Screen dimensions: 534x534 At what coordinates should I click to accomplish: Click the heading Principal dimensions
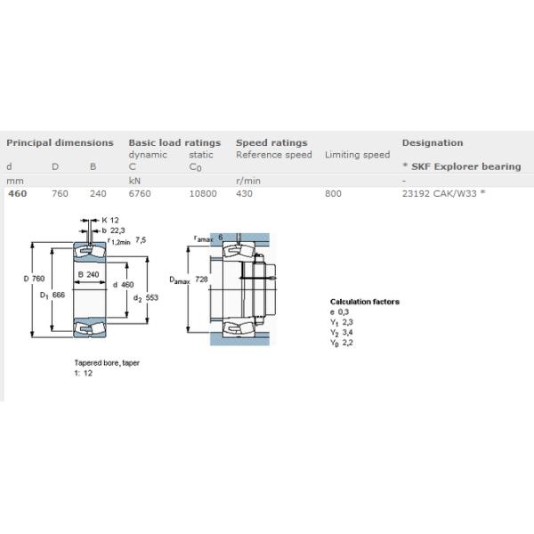pos(60,142)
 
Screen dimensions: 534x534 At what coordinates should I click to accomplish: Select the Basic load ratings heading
pos(174,142)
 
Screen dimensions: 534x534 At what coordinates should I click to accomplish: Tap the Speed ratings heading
pos(271,142)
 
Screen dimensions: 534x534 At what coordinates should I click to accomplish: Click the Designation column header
pos(432,142)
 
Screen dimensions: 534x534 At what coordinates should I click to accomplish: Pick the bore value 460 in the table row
pos(16,192)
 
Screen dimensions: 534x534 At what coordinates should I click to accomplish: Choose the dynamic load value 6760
pos(140,192)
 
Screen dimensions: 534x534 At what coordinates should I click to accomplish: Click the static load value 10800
pos(203,192)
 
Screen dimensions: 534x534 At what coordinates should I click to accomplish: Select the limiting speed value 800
pos(333,192)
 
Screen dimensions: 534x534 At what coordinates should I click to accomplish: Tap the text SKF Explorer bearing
pos(465,166)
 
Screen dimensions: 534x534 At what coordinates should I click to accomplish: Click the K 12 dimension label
pos(109,219)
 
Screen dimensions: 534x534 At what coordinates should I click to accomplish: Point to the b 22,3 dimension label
pos(112,230)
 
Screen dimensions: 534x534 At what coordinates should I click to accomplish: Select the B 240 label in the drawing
pos(88,274)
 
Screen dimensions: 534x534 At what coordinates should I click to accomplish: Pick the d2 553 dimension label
pos(145,298)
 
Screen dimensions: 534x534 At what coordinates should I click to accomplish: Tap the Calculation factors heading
pos(364,302)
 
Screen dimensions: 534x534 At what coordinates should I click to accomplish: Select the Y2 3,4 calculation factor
pos(341,332)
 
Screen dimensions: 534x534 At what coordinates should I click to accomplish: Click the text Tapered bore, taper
pos(107,363)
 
